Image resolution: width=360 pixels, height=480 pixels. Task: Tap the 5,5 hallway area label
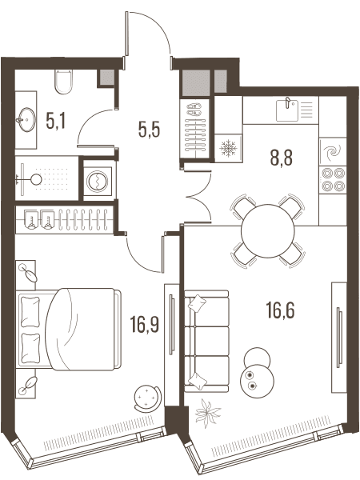pos(150,130)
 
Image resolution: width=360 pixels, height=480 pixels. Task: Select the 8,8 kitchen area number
pos(282,158)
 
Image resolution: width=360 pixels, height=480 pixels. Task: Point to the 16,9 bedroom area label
pos(145,324)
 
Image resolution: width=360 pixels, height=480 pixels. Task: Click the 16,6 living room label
pos(281,310)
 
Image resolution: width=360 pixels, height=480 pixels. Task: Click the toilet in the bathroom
pos(64,81)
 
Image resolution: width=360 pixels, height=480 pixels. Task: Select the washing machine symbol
pos(97,182)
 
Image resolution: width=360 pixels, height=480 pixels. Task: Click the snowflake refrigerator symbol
pos(227,148)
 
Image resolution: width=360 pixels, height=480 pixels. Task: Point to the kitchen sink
pos(287,110)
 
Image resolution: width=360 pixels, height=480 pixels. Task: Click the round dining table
pos(267,231)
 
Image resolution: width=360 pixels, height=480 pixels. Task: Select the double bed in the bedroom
pos(70,329)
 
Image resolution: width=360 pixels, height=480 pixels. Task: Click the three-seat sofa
pos(206,341)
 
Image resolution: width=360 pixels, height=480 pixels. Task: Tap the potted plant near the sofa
pos(207,414)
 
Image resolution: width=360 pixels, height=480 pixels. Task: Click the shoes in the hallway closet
pos(194,110)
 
